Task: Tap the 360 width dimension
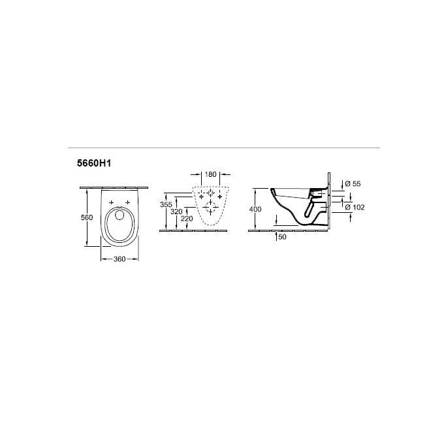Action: coord(119,259)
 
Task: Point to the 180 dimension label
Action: coord(209,174)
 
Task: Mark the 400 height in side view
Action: coord(255,209)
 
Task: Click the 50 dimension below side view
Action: coord(282,237)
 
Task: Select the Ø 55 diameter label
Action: coord(352,184)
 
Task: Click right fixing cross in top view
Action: coord(126,202)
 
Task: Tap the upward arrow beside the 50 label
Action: coord(277,228)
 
